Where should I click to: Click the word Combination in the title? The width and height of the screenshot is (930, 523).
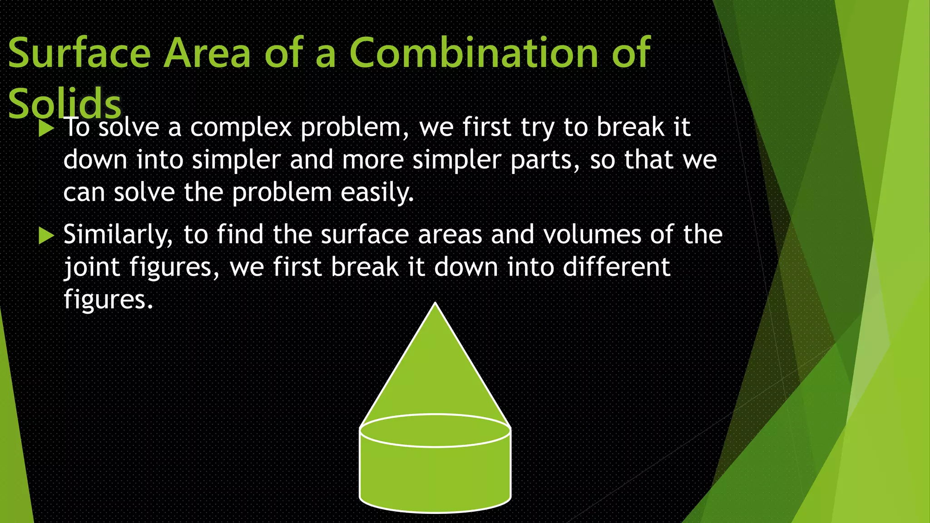tap(474, 53)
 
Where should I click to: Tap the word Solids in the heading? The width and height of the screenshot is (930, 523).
tap(65, 104)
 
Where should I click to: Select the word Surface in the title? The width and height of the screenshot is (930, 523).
tap(79, 53)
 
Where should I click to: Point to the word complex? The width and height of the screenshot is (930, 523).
tap(241, 128)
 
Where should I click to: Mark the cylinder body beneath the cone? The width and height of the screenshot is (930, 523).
tap(435, 477)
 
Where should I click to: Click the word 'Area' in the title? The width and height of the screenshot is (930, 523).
tap(207, 53)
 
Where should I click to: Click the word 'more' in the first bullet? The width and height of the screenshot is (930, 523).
tap(372, 161)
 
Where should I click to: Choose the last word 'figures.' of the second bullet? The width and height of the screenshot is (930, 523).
tap(108, 300)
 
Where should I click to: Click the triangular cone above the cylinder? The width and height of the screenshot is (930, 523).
tap(435, 372)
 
